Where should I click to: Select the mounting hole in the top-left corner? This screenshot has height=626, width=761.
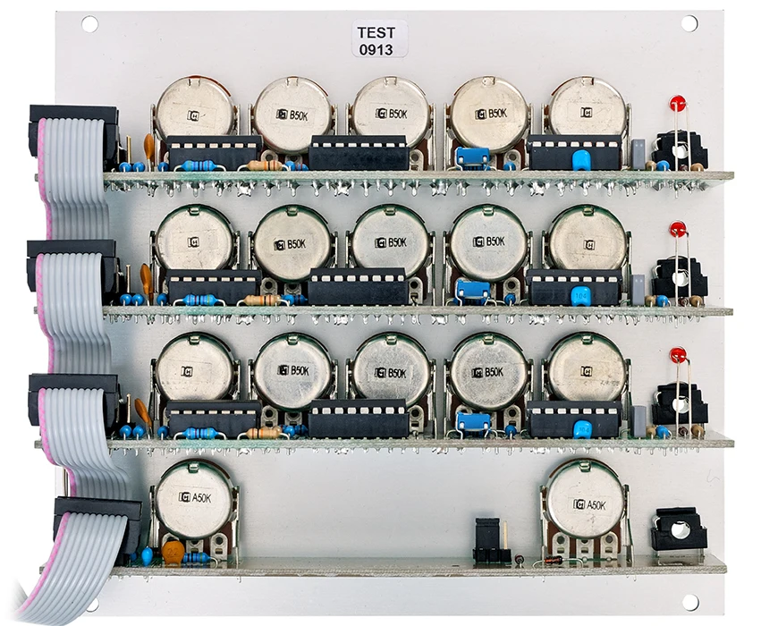pyautogui.click(x=89, y=24)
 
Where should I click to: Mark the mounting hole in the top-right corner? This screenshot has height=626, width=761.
pyautogui.click(x=689, y=23)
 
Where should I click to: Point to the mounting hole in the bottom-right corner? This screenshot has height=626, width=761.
pyautogui.click(x=689, y=602)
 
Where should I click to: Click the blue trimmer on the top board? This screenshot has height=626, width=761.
pyautogui.click(x=473, y=157)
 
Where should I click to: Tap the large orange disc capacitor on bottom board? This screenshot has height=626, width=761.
pyautogui.click(x=174, y=551)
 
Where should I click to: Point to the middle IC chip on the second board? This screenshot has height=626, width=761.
pyautogui.click(x=358, y=286)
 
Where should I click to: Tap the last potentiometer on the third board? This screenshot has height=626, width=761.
pyautogui.click(x=587, y=370)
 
